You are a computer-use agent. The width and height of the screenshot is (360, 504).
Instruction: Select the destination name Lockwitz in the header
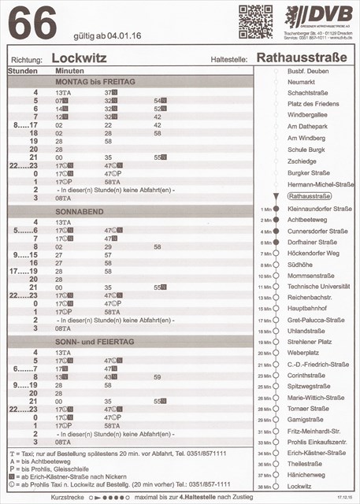tap(78, 57)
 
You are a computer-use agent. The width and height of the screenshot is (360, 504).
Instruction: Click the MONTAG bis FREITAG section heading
tap(95, 82)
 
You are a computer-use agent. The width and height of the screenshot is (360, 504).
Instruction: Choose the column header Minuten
tap(70, 71)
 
